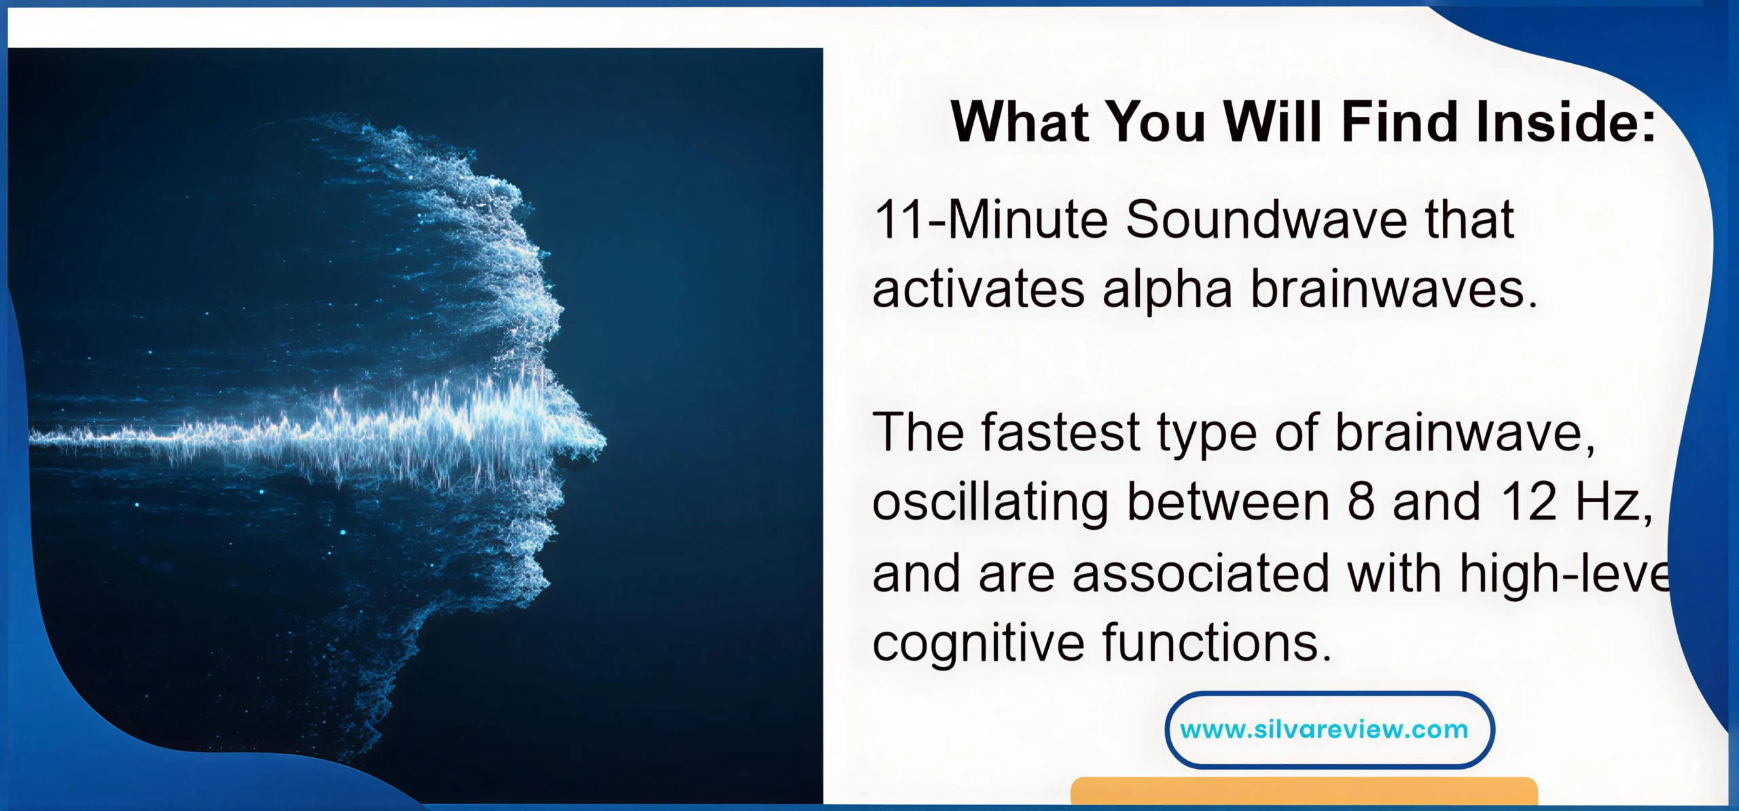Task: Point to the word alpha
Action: [1167, 290]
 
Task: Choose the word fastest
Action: [1060, 432]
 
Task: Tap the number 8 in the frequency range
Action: [1361, 502]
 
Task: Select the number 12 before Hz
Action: [1528, 502]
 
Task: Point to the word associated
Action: [1200, 573]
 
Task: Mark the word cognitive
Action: [978, 643]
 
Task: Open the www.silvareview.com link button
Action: [1329, 729]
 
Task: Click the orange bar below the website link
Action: [1304, 791]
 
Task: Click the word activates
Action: [978, 290]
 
